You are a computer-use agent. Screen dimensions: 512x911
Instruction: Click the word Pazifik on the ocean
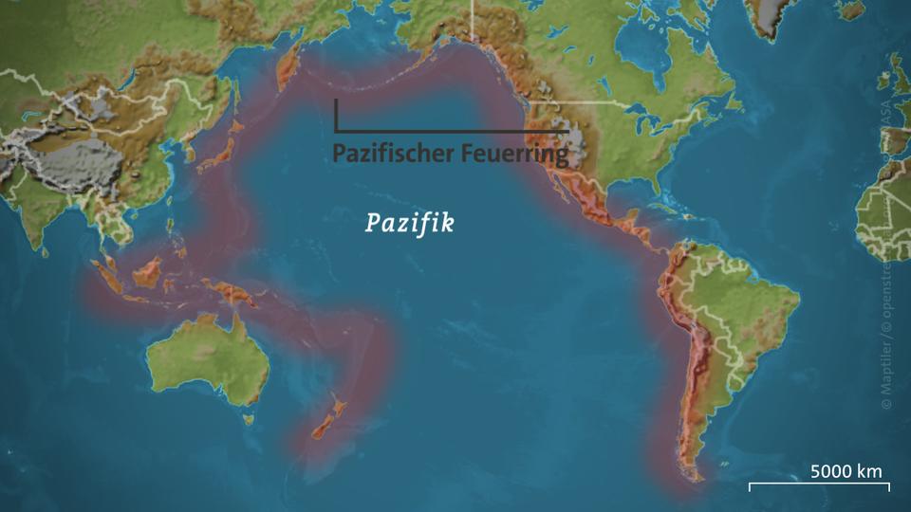pos(410,224)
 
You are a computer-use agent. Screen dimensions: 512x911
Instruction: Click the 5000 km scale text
pos(846,471)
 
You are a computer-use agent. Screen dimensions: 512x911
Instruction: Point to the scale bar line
pos(819,485)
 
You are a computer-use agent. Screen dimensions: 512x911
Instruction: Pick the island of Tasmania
pos(248,417)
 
